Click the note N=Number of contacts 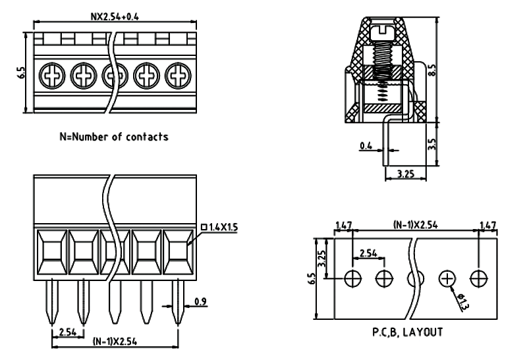click(114, 137)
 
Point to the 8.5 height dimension click(432, 68)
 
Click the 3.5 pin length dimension click(432, 143)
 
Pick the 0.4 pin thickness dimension click(367, 145)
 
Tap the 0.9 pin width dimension click(200, 303)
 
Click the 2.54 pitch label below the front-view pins click(68, 332)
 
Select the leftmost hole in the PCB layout click(354, 278)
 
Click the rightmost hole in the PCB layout click(479, 278)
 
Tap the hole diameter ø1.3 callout click(463, 303)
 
